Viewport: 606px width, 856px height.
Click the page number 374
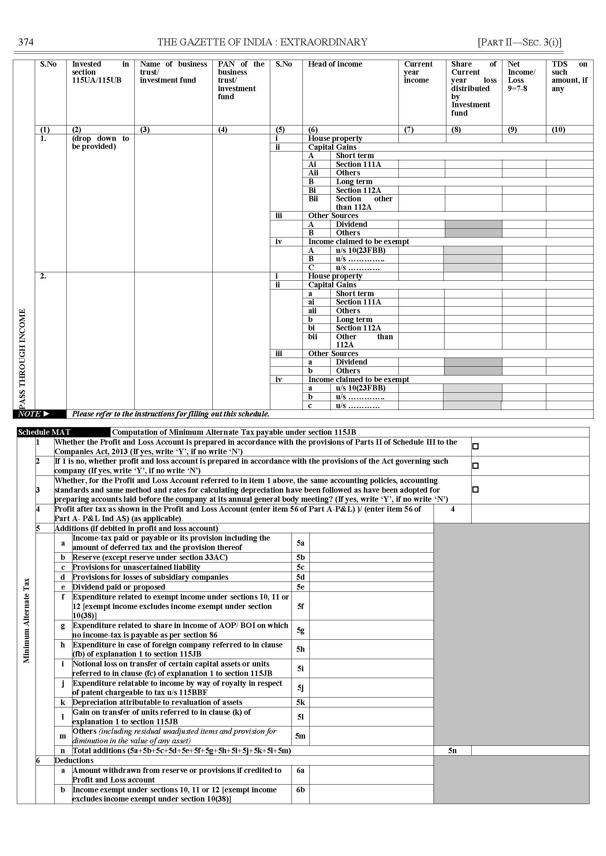(26, 42)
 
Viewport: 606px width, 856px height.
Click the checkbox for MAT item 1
(475, 446)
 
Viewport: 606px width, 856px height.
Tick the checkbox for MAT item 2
(475, 466)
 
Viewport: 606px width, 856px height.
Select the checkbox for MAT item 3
(475, 489)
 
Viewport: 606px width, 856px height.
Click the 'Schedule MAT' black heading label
(44, 432)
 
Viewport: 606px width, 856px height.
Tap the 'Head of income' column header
(335, 64)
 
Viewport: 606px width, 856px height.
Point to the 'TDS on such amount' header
(569, 76)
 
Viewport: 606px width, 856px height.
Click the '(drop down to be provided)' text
(100, 142)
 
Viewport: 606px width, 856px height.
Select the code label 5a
(300, 543)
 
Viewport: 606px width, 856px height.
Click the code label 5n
(452, 751)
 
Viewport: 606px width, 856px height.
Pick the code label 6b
(300, 790)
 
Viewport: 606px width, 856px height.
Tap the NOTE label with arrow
(34, 414)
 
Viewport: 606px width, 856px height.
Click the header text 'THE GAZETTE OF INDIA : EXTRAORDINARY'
(262, 42)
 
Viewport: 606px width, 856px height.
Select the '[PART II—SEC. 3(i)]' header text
(520, 42)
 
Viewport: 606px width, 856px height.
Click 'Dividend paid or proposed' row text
(119, 587)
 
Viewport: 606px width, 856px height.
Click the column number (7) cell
(409, 130)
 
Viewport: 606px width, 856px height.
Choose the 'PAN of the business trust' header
(241, 80)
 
